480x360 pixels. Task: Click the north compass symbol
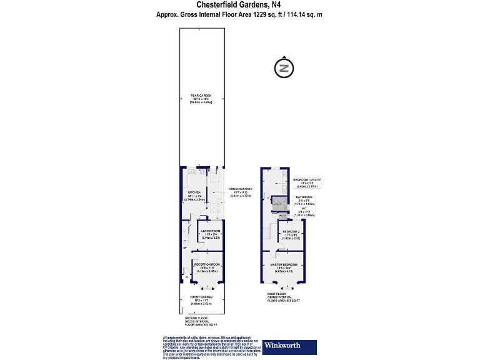(284, 68)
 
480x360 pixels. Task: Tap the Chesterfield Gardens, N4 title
(240, 5)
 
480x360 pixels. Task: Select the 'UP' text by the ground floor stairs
(185, 248)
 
